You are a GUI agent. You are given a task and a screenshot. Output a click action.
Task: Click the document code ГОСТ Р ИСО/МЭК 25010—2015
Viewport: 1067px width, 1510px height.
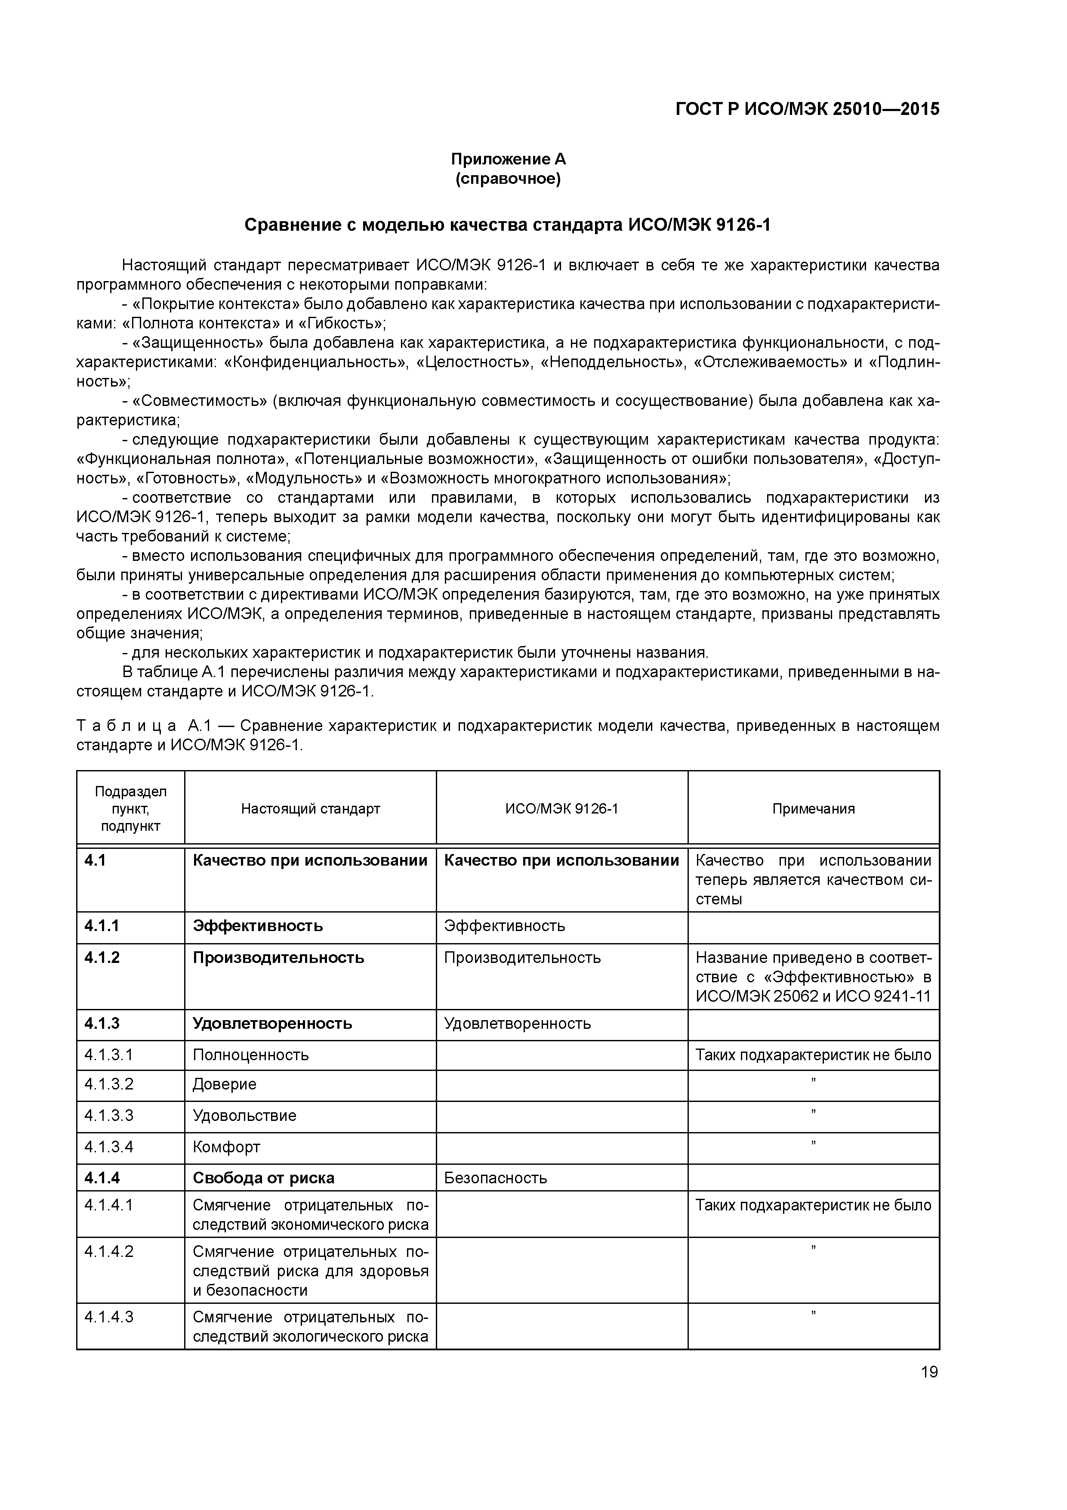pos(807,109)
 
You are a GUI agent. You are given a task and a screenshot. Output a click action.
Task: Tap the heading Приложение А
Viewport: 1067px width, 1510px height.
pos(508,159)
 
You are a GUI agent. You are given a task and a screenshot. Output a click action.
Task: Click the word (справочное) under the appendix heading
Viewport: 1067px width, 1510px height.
pos(508,179)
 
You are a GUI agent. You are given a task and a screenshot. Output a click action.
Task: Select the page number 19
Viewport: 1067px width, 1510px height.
pos(929,1372)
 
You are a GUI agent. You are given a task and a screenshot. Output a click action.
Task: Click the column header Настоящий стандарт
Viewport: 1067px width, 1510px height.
pos(310,809)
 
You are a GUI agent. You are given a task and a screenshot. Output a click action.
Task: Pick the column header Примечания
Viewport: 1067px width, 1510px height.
pos(813,809)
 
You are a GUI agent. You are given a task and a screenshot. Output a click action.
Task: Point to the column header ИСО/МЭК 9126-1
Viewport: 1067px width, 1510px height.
pos(561,809)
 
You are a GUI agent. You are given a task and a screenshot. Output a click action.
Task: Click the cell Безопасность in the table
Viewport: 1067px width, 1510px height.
pos(495,1178)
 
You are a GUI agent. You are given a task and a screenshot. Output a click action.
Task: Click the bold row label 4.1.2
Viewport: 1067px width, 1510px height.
pos(102,958)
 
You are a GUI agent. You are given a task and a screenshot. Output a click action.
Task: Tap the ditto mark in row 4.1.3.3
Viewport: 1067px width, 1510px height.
pos(813,1111)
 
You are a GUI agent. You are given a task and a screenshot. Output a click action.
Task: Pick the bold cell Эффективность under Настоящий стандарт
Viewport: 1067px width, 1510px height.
pos(258,926)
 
